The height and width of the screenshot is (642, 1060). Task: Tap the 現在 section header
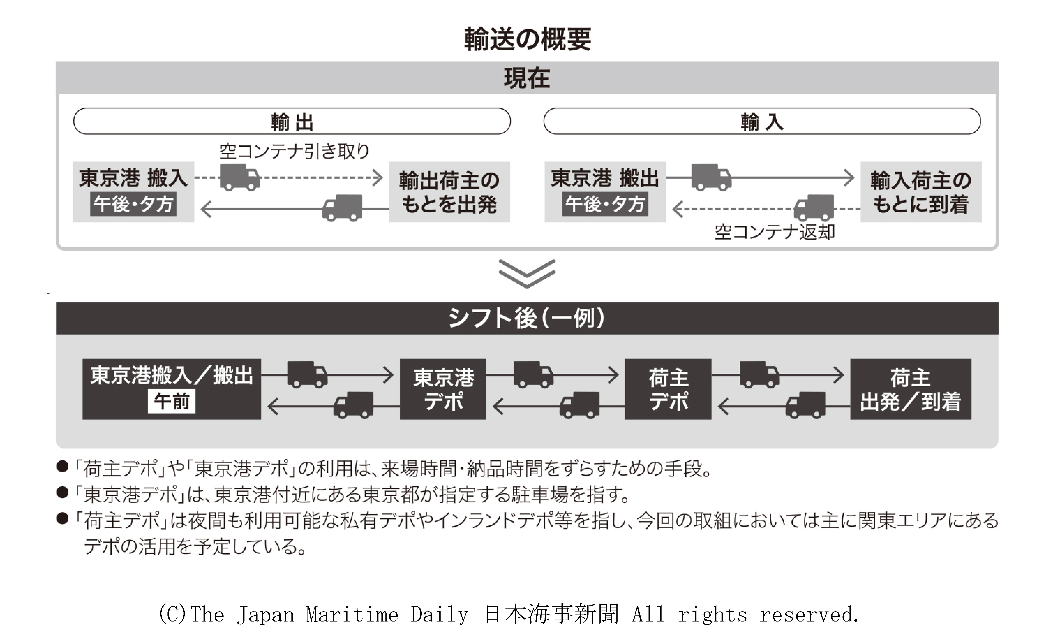tap(527, 78)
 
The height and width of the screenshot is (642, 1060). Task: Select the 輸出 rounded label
tap(292, 121)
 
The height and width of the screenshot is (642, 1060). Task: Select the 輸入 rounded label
tap(762, 121)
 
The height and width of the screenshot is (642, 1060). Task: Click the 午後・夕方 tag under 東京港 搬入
tap(133, 204)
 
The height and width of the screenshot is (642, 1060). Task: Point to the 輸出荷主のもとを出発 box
tap(449, 192)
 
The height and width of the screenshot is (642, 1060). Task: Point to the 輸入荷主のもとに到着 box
tap(921, 192)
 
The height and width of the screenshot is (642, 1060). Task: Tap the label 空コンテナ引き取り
tap(294, 151)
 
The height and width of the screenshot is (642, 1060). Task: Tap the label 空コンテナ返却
tap(774, 232)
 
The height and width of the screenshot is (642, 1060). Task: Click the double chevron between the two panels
tap(527, 273)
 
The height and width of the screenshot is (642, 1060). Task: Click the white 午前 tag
tap(172, 401)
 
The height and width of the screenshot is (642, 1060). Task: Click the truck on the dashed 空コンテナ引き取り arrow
tap(240, 177)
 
